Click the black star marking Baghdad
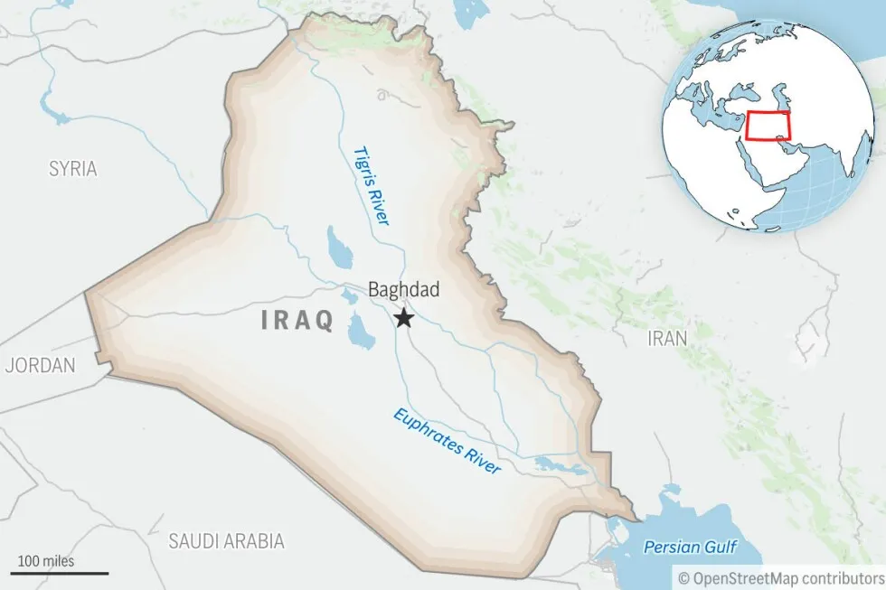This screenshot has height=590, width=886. coord(404,318)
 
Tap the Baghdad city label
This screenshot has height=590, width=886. coord(403,290)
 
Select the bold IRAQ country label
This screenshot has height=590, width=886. coord(297,320)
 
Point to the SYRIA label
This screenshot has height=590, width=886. coord(73,168)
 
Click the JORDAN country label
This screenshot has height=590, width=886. coord(40,366)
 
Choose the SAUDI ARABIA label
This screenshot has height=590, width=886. coord(226,541)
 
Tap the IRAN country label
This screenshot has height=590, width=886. coord(667,338)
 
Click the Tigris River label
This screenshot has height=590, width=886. coord(371,185)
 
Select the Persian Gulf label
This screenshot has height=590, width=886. coord(690,547)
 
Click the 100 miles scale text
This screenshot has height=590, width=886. coord(46,561)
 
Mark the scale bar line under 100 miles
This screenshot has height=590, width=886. coord(60,573)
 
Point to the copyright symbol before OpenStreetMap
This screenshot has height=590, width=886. coord(684,576)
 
